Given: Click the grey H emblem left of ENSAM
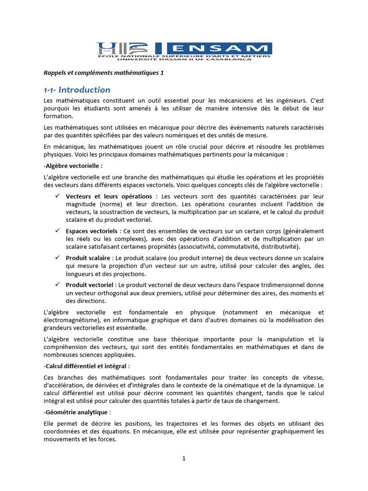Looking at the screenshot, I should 107,48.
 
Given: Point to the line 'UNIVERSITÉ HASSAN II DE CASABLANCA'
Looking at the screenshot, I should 184,59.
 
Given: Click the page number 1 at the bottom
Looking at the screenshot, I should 184,458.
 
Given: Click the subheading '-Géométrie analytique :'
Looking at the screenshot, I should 77,412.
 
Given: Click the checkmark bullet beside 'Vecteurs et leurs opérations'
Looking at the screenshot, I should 57,197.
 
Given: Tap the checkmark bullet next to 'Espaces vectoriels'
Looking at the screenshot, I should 57,231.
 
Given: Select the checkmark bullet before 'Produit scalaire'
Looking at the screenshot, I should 57,258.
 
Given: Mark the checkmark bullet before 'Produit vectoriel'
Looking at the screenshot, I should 57,285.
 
